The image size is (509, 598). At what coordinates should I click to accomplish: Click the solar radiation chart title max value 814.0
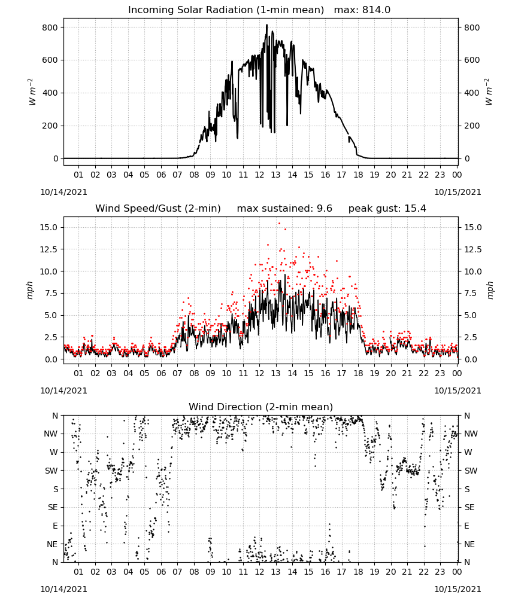[x=376, y=10]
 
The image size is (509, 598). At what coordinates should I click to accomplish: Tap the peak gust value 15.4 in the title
[x=414, y=208]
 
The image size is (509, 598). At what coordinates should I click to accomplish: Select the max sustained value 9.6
[x=324, y=208]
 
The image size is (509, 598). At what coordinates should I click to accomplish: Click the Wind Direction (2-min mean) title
[x=261, y=407]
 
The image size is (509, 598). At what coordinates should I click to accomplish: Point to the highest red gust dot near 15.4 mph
[x=279, y=224]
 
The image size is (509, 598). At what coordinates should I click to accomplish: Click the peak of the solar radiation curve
[x=267, y=25]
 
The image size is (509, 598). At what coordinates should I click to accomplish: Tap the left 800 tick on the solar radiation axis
[x=50, y=28]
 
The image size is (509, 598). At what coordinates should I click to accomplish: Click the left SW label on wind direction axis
[x=51, y=471]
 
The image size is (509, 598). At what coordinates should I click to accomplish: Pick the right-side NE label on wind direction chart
[x=469, y=544]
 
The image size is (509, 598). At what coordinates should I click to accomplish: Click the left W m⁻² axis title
[x=32, y=92]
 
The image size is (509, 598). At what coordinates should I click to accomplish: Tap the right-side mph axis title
[x=490, y=290]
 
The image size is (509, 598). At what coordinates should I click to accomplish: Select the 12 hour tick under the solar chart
[x=259, y=175]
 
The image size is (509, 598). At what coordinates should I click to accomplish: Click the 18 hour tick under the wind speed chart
[x=358, y=373]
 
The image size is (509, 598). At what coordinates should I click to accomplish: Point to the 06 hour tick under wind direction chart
[x=161, y=572]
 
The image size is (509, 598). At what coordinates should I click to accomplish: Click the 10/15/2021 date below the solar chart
[x=458, y=192]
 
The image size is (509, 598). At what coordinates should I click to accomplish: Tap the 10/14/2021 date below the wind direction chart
[x=63, y=589]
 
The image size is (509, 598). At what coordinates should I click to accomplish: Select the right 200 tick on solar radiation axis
[x=472, y=126]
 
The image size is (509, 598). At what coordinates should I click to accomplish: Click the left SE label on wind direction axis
[x=53, y=507]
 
